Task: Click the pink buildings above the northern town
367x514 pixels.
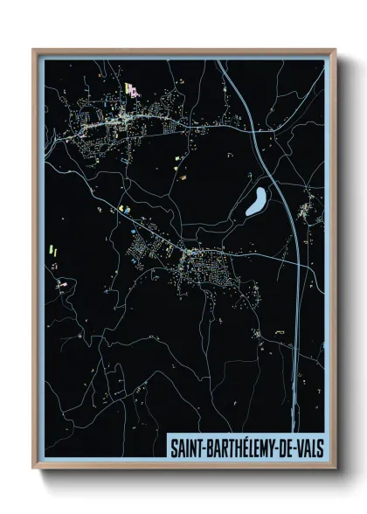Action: pyautogui.click(x=131, y=87)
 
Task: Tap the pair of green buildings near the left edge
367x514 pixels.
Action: pyautogui.click(x=52, y=251)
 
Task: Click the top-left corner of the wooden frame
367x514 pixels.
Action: pyautogui.click(x=34, y=51)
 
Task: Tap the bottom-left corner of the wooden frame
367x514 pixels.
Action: pyautogui.click(x=34, y=467)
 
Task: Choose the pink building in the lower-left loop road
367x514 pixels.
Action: pyautogui.click(x=62, y=283)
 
